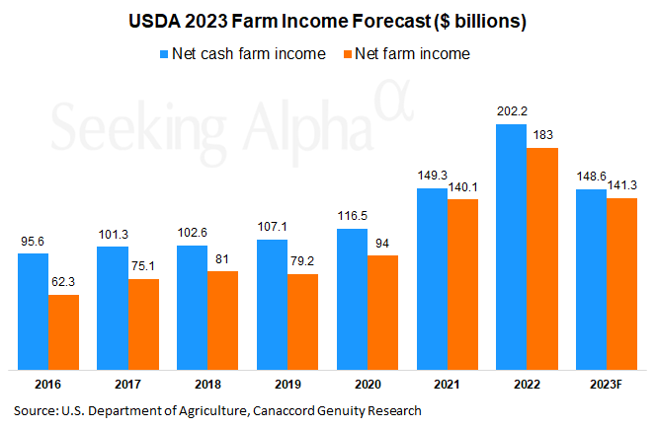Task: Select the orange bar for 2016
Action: click(x=63, y=330)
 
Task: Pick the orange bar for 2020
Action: click(x=382, y=311)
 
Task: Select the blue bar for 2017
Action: click(x=112, y=306)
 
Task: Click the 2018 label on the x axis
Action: click(x=206, y=386)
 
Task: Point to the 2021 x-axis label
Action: click(x=446, y=386)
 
